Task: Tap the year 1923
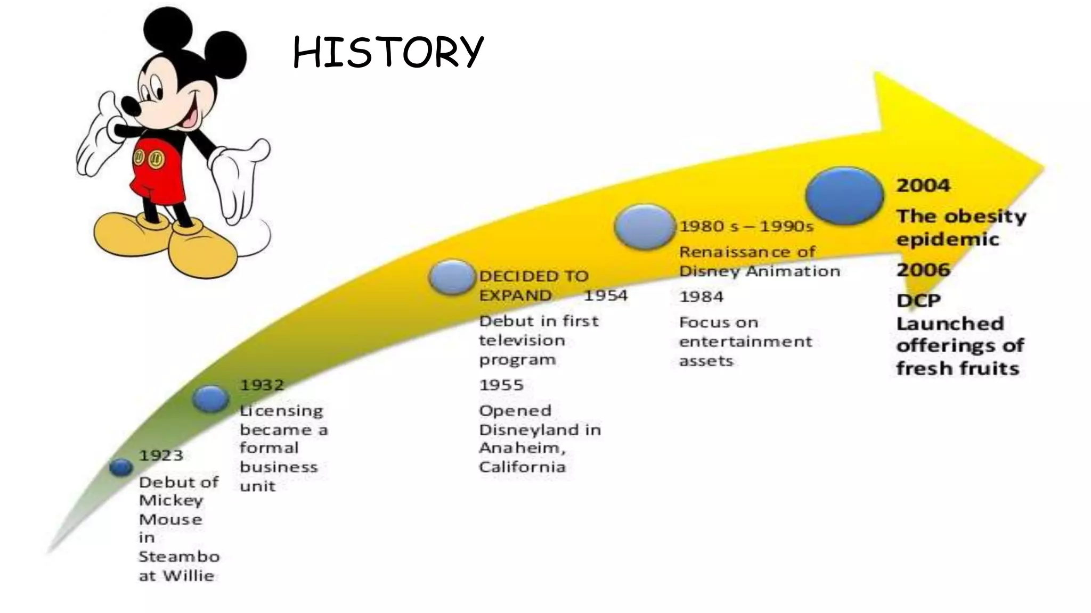pos(161,455)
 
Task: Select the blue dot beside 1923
pos(121,467)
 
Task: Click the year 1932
pos(262,385)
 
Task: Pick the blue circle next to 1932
pos(210,399)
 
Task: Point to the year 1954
pos(606,295)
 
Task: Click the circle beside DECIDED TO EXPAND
pos(452,277)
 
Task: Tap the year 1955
pos(501,385)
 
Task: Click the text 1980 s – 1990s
pos(746,227)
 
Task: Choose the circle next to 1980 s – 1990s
pos(644,226)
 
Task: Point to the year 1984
pos(701,296)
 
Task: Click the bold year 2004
pos(923,186)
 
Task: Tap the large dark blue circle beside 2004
pos(844,196)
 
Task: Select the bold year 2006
pos(923,270)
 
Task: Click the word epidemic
pos(947,239)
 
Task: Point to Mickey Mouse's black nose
pos(129,105)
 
